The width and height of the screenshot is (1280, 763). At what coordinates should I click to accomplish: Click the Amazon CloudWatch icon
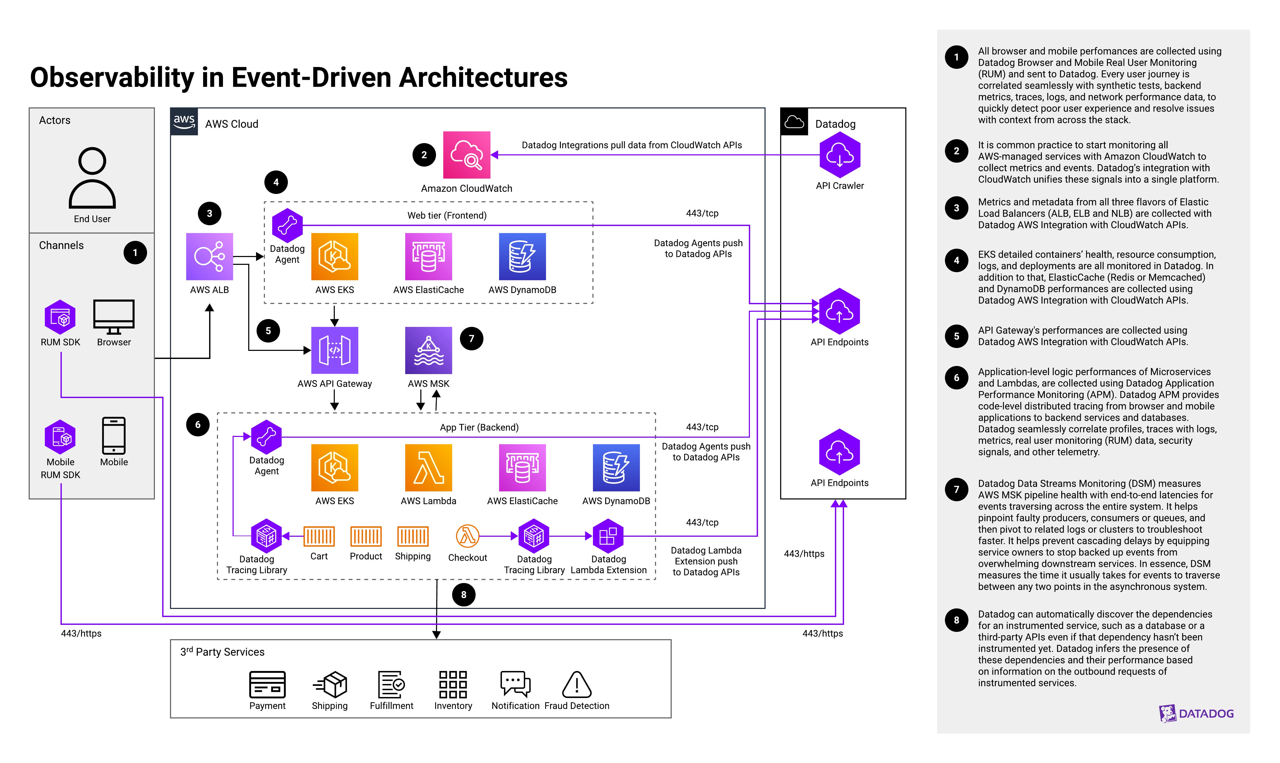pyautogui.click(x=466, y=155)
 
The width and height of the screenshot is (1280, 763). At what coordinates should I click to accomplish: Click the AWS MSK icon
pyautogui.click(x=428, y=350)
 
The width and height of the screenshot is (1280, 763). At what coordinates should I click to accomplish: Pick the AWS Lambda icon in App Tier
pyautogui.click(x=428, y=467)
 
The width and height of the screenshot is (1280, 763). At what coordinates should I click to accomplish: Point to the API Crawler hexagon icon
pyautogui.click(x=839, y=155)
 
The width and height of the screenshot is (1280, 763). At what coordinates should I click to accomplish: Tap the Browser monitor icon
pyautogui.click(x=114, y=316)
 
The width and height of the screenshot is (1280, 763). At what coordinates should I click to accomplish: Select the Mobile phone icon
pyautogui.click(x=114, y=436)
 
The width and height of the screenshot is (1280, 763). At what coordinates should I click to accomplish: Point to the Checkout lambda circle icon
pyautogui.click(x=467, y=536)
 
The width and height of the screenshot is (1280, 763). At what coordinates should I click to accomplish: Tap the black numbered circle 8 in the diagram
pyautogui.click(x=463, y=595)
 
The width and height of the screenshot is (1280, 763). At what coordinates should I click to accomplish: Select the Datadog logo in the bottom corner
pyautogui.click(x=1196, y=714)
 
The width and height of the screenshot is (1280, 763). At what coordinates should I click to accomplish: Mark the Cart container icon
pyautogui.click(x=319, y=536)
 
